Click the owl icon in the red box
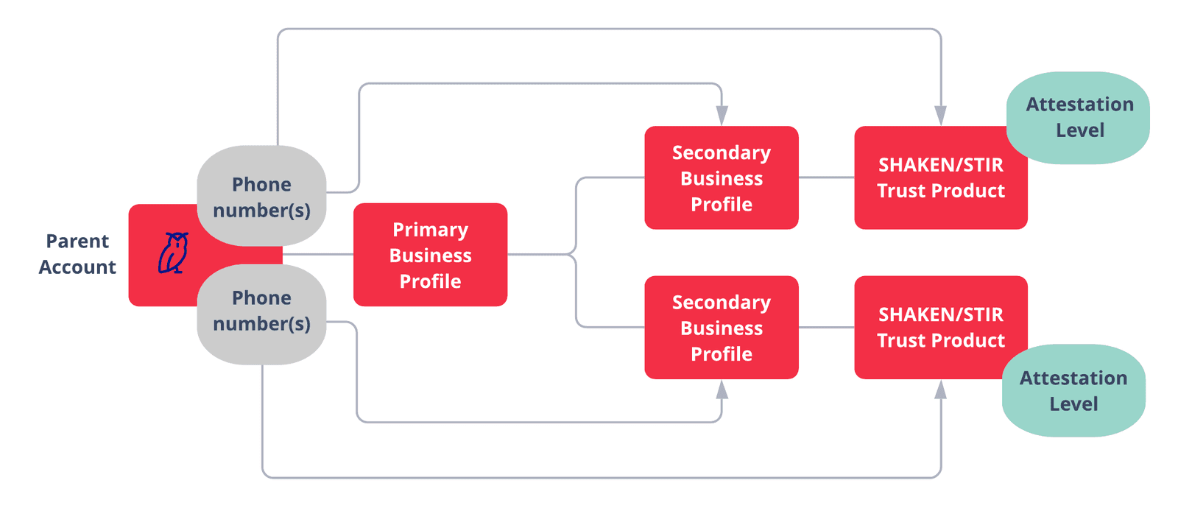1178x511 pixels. [x=174, y=253]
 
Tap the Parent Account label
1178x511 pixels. [x=77, y=254]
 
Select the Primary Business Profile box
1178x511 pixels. [x=430, y=255]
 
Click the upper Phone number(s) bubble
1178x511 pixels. [x=261, y=196]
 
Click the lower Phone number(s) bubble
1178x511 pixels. [x=261, y=311]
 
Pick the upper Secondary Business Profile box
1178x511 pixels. [x=722, y=178]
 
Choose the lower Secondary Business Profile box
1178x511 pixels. [x=722, y=328]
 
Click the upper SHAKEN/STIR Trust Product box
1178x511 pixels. [x=940, y=178]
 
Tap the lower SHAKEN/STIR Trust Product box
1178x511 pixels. [x=940, y=328]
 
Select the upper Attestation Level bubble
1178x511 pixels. [x=1079, y=117]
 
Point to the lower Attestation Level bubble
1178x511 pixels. [x=1073, y=391]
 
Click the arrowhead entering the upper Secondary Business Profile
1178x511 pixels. [x=722, y=116]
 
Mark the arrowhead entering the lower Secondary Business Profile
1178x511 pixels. [x=722, y=390]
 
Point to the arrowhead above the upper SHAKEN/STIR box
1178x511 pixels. [x=940, y=116]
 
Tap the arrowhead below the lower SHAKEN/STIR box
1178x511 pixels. [x=940, y=390]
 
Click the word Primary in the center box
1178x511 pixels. [x=430, y=230]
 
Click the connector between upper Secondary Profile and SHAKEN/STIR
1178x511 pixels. [x=826, y=177]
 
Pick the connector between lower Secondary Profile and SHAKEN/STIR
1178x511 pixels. [x=826, y=327]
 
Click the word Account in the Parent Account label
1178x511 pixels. [x=77, y=267]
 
